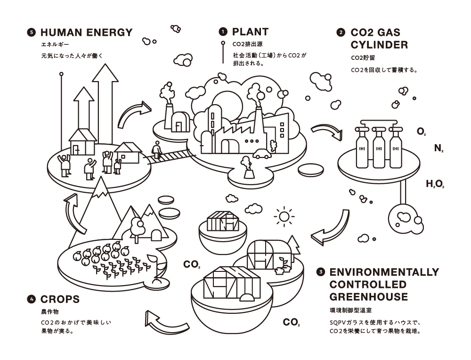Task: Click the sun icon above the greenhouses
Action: (284, 216)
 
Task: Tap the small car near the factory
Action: (262, 154)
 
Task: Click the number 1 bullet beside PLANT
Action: (223, 32)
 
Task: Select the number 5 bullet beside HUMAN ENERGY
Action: (31, 33)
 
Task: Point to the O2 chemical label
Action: (422, 131)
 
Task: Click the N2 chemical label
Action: (439, 148)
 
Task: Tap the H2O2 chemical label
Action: (435, 184)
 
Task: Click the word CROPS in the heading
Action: (60, 299)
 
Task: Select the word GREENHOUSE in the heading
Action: (369, 296)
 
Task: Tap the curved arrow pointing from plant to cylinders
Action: (327, 131)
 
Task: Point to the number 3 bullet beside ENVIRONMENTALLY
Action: (321, 272)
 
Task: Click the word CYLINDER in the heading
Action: (379, 45)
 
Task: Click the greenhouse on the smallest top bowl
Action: (223, 221)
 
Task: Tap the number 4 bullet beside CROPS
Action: (31, 299)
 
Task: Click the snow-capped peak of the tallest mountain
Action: (101, 187)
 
